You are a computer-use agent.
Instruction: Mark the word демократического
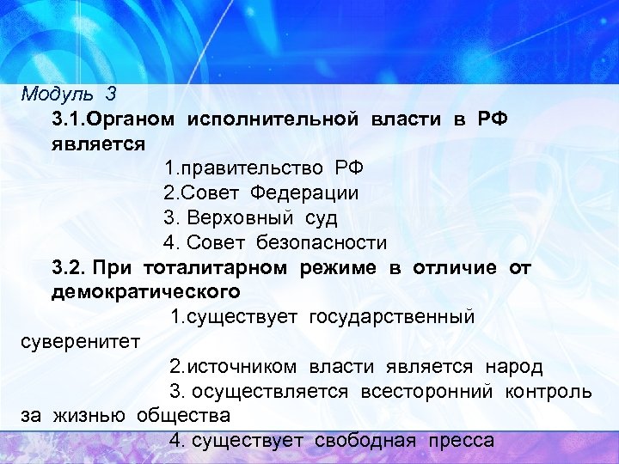click(x=145, y=292)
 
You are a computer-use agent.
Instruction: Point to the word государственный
click(x=398, y=317)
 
